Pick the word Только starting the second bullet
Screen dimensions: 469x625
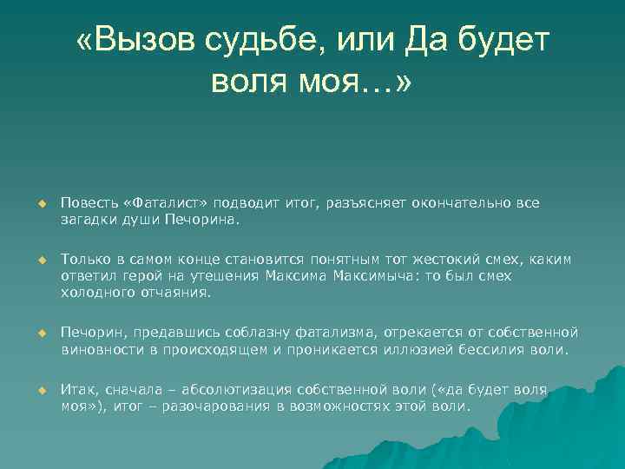tap(85, 260)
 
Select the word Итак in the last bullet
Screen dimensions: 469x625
tap(77, 389)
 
